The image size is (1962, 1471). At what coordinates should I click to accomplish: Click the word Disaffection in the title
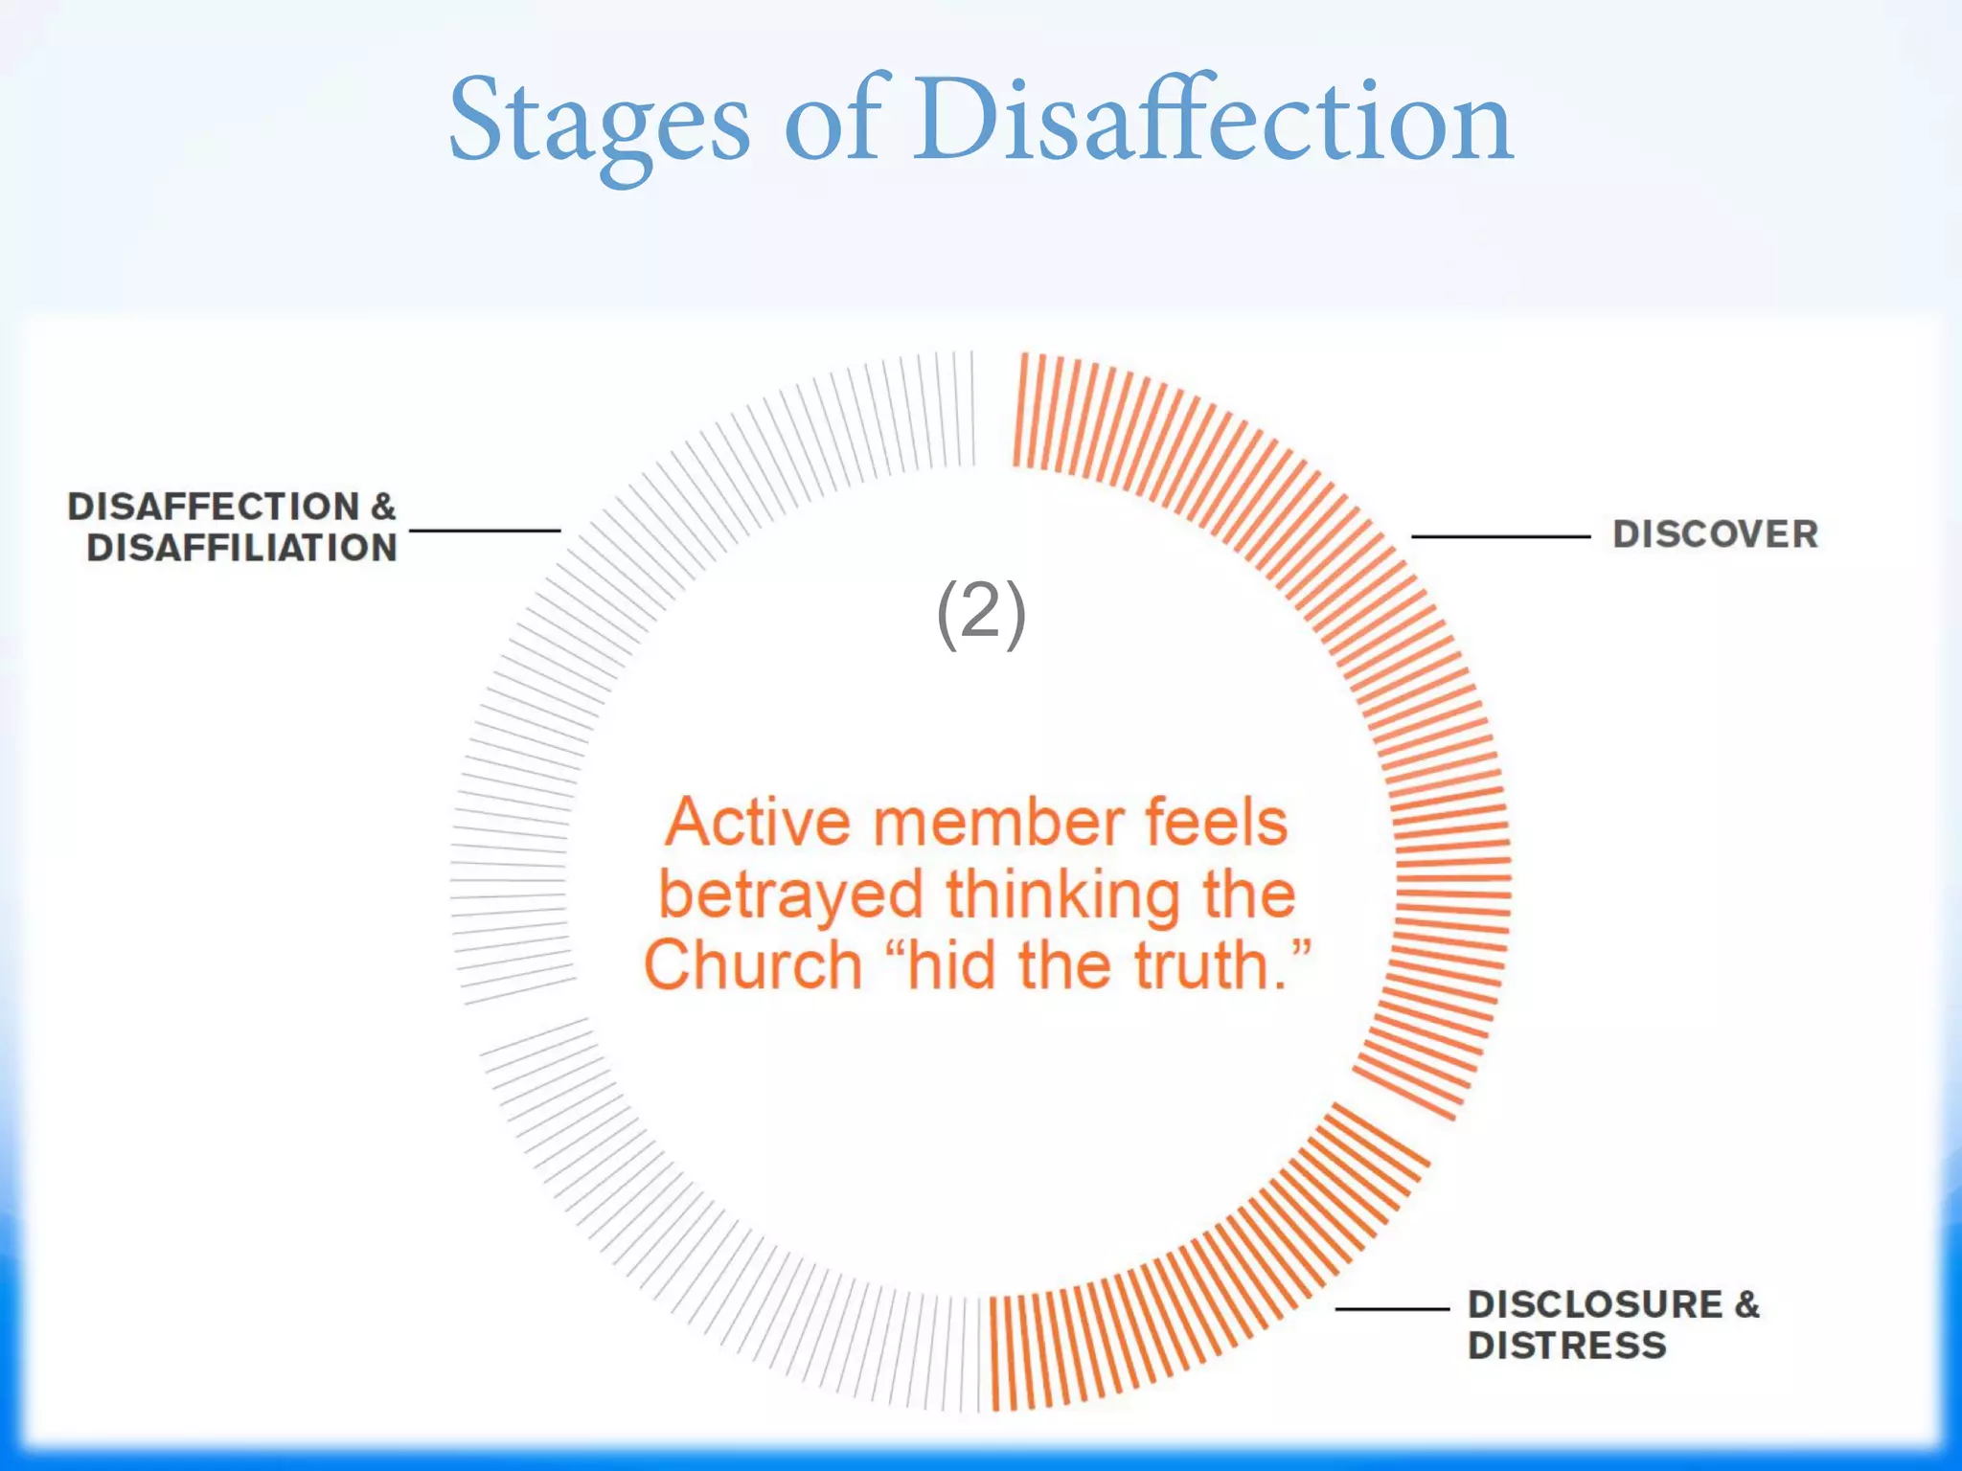tap(1212, 123)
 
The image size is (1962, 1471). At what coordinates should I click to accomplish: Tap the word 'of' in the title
tap(832, 123)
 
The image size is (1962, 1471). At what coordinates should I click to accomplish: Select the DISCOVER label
tap(1715, 534)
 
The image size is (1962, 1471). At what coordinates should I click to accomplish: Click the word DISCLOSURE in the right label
tap(1595, 1304)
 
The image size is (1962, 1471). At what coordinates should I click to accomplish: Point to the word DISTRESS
tap(1567, 1347)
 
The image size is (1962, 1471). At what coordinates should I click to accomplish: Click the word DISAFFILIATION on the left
tap(241, 549)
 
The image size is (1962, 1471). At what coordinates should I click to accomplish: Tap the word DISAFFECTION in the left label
tap(213, 507)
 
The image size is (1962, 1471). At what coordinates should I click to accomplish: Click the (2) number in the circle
tap(981, 613)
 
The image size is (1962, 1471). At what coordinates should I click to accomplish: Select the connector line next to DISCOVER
tap(1500, 536)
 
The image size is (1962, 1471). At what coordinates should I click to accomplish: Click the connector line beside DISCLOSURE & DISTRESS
tap(1392, 1308)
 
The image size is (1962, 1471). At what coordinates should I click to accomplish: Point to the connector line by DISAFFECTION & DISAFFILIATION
tap(485, 530)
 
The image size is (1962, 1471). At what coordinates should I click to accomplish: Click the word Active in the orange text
tap(758, 824)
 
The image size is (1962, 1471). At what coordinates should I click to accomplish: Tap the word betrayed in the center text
tap(790, 895)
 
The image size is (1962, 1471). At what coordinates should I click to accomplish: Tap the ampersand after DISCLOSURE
tap(1746, 1304)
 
